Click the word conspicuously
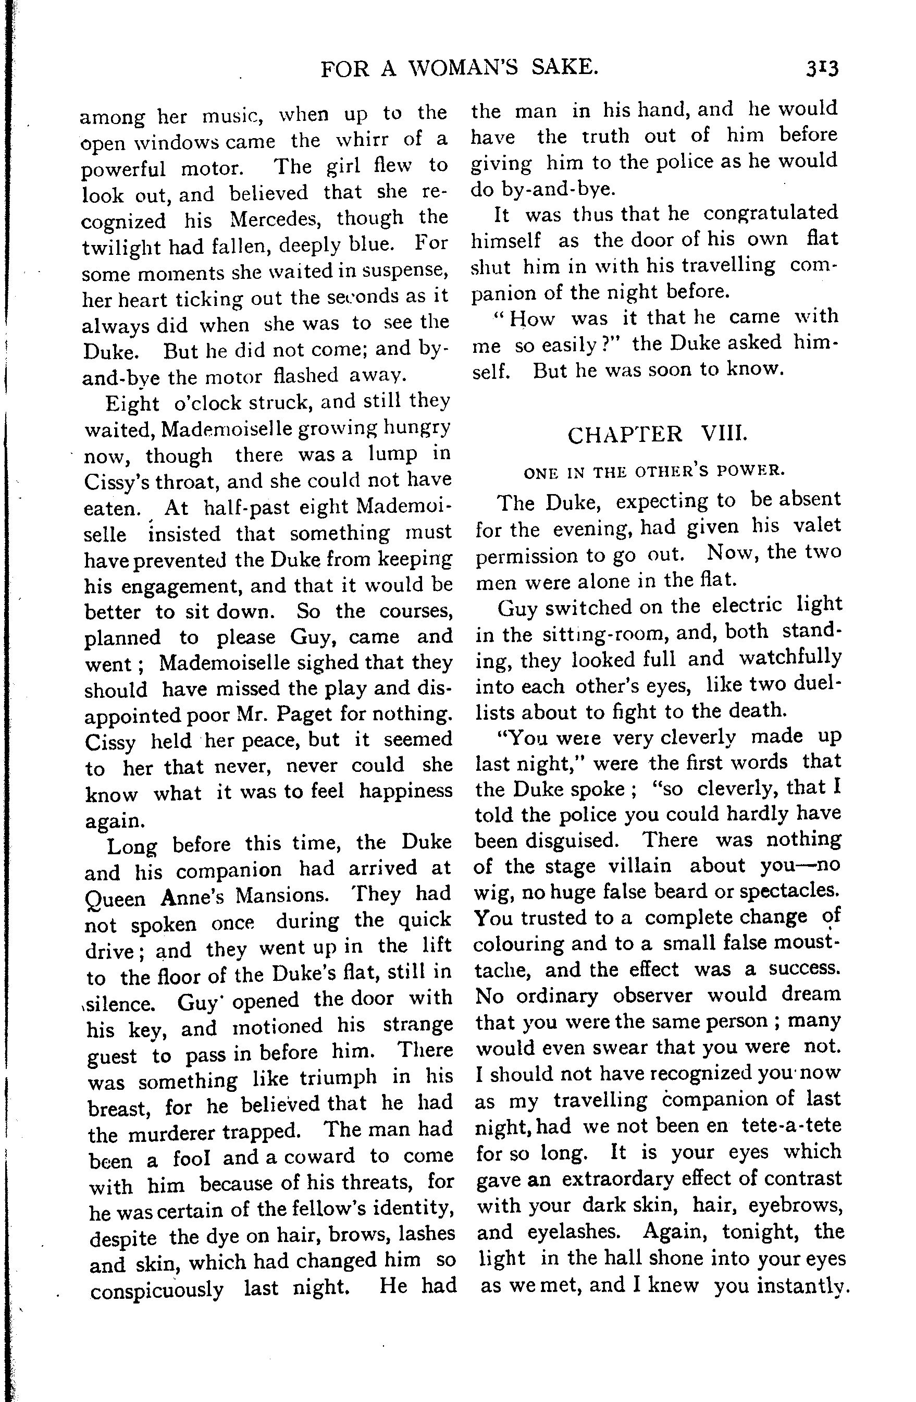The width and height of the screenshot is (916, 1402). tap(157, 1289)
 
